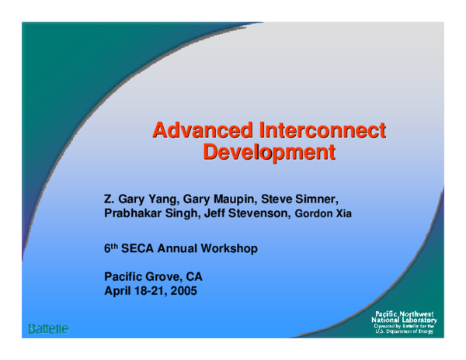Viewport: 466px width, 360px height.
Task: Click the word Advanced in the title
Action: pos(201,127)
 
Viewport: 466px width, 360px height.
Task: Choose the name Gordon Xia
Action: pos(324,213)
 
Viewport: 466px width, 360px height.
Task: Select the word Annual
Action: pos(178,251)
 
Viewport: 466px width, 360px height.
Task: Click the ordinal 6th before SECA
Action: pos(111,251)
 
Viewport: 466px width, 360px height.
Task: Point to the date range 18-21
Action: pos(150,292)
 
